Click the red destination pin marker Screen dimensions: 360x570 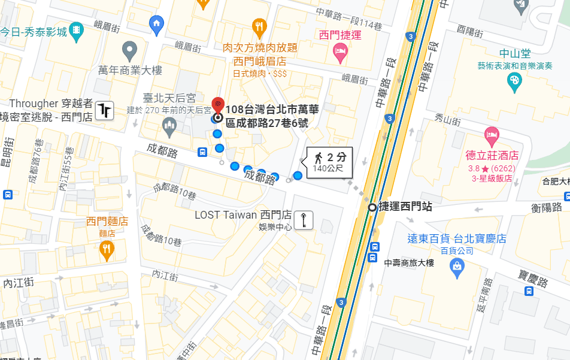[218, 104]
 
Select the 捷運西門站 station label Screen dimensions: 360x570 [405, 207]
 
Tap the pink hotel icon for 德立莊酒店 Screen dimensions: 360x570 [492, 135]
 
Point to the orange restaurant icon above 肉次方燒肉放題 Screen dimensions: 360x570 [259, 26]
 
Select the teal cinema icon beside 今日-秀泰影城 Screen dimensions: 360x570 [77, 31]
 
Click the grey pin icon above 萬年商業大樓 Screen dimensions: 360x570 [129, 50]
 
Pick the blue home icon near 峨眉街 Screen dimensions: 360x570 [156, 25]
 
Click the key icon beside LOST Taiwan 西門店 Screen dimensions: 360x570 [304, 220]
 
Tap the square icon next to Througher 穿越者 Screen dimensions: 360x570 [105, 110]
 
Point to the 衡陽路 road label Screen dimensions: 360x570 [546, 207]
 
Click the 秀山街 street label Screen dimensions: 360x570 [448, 120]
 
